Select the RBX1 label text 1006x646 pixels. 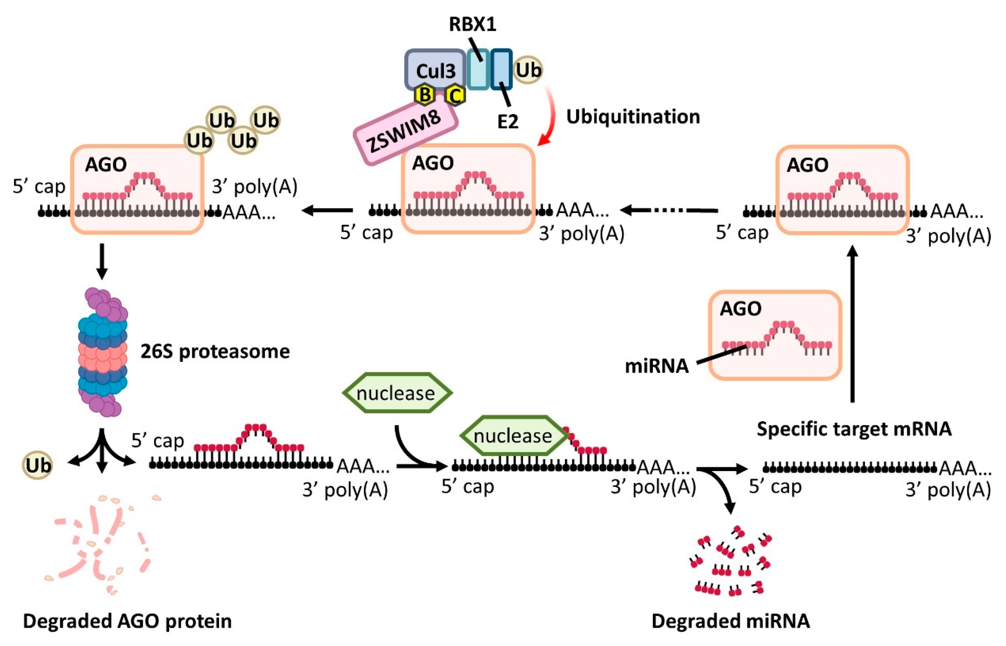pos(472,24)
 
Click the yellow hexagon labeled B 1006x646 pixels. pos(425,95)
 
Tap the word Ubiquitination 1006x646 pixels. pos(633,117)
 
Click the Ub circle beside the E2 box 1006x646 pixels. pos(528,70)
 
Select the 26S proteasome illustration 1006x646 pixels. pos(102,352)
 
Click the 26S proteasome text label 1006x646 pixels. pos(215,352)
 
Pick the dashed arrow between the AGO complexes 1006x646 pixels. pos(669,210)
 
